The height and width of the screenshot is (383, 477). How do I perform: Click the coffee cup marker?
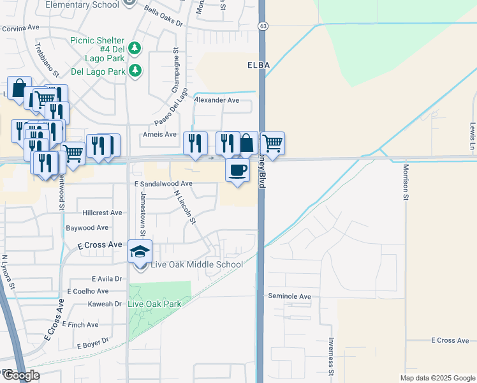click(237, 170)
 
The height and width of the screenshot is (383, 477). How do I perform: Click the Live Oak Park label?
click(154, 304)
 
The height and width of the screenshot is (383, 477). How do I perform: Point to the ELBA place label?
click(259, 66)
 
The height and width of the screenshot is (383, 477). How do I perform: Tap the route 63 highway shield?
click(263, 26)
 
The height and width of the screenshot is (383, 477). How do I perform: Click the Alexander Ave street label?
click(217, 100)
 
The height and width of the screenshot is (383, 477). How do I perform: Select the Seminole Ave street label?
click(289, 297)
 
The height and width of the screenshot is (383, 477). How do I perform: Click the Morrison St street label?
click(406, 183)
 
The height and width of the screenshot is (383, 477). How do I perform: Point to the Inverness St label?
click(331, 356)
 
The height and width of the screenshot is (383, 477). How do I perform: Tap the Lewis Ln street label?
click(473, 133)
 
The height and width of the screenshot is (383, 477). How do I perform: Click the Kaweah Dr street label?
click(105, 304)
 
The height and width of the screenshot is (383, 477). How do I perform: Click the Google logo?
click(20, 375)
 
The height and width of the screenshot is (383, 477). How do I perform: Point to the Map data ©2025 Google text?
click(437, 378)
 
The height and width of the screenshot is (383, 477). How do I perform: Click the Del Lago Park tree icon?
click(135, 70)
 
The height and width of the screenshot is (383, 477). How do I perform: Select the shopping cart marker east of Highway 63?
click(272, 143)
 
